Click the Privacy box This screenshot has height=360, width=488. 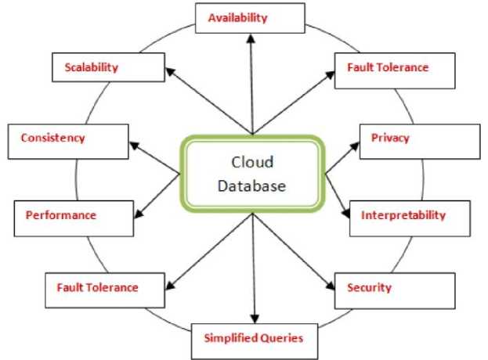403,139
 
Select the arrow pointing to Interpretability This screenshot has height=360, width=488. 338,195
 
